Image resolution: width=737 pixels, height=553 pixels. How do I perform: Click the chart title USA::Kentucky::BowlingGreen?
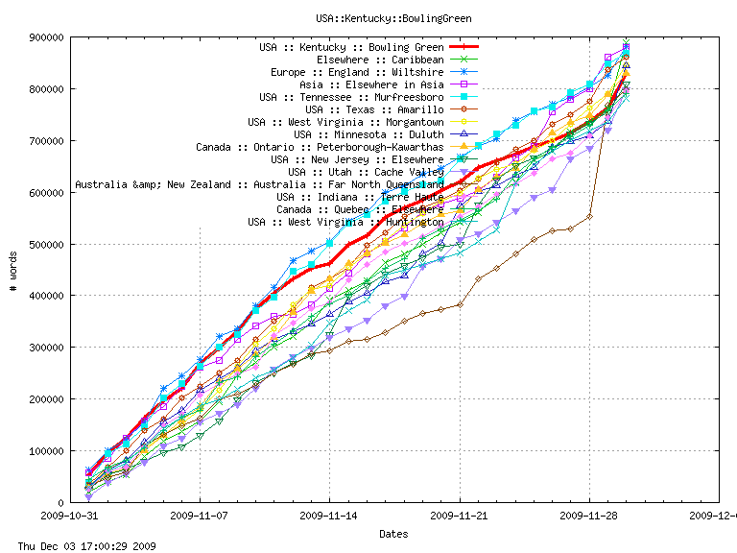coord(393,18)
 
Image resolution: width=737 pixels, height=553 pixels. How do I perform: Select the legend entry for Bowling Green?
coord(351,47)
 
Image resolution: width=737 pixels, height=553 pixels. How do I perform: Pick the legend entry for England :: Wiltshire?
coord(357,72)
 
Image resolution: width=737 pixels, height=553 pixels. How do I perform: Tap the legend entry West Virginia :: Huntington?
coord(345,222)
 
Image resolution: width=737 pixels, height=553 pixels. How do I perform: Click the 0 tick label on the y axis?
coord(60,503)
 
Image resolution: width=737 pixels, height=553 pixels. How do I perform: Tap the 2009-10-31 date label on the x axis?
coord(70,515)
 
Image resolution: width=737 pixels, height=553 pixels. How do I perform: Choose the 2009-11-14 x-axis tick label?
coord(329,515)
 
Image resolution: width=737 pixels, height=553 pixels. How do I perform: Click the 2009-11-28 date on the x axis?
coord(589,515)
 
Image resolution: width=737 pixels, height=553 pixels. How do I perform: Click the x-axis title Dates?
coord(393,534)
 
